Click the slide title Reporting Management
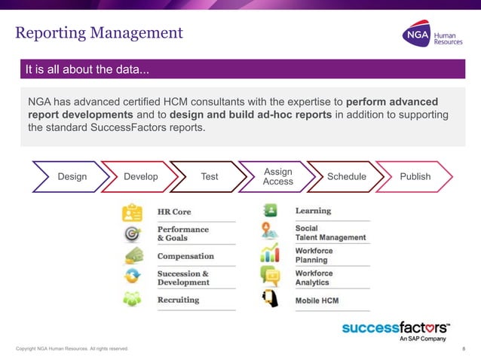tap(99, 32)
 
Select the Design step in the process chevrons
tap(72, 177)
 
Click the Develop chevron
tap(140, 177)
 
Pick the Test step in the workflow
tap(210, 177)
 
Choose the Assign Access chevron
tap(277, 177)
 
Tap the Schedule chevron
tap(346, 177)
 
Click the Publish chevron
tap(415, 177)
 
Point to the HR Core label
tap(174, 212)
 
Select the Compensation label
tap(185, 256)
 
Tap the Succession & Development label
tap(183, 278)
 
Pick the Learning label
tap(313, 211)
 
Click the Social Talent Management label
tap(330, 233)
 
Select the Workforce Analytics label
tap(314, 277)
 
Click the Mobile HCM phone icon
tap(269, 300)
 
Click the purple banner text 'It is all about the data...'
tap(87, 71)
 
